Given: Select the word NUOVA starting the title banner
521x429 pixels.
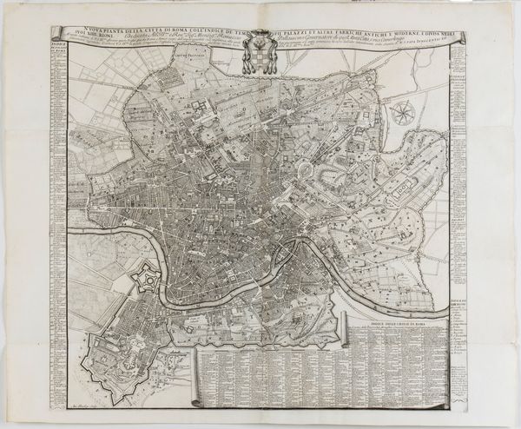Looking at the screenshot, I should click(x=88, y=32).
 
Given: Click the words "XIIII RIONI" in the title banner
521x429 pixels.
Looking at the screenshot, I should click(x=87, y=40).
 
